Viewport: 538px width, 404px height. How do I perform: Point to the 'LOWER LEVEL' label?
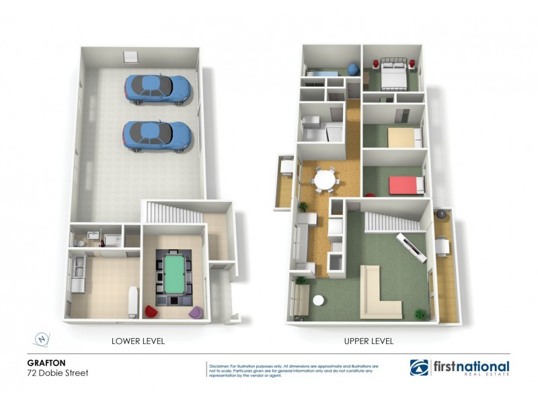(138, 341)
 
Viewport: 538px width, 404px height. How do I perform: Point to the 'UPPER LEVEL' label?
(369, 341)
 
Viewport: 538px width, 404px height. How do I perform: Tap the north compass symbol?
(41, 340)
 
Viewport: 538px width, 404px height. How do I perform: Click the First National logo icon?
(418, 368)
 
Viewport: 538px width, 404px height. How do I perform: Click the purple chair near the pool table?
(196, 312)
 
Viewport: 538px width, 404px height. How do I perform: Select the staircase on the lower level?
(172, 214)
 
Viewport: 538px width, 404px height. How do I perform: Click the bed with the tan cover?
(401, 137)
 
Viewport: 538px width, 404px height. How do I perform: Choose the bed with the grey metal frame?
(391, 74)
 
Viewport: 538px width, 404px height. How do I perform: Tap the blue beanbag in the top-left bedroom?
(352, 69)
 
